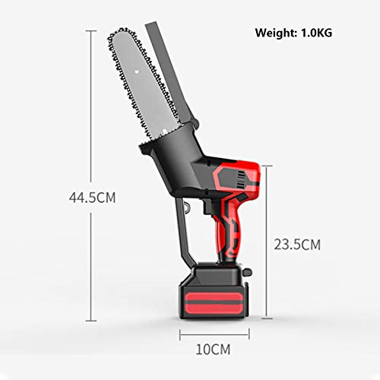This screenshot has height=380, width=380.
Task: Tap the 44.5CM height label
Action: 92,198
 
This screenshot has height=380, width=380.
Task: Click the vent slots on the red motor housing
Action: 242,176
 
